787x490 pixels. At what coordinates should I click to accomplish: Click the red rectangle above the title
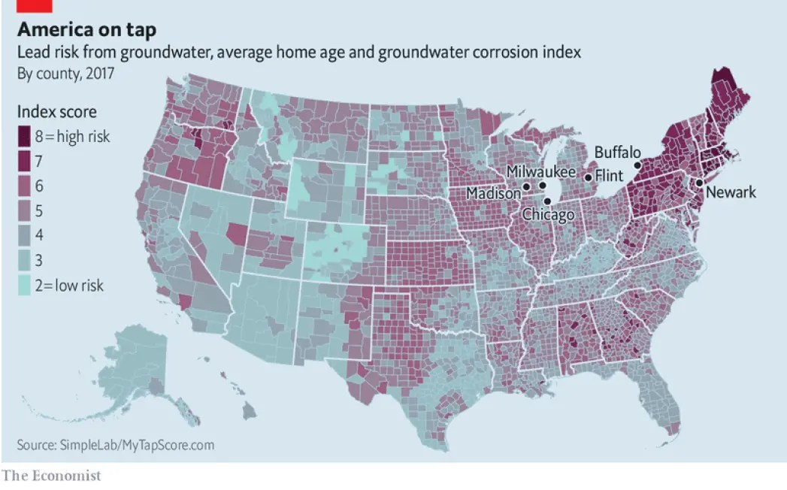tap(34, 5)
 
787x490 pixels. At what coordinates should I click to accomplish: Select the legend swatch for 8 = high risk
tap(25, 136)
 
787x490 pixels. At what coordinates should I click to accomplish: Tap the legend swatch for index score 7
tap(25, 161)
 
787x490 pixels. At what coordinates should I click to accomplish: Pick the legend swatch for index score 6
tap(25, 186)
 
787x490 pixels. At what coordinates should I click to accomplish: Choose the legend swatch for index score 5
tap(25, 210)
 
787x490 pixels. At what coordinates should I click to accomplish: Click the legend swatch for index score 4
tap(25, 235)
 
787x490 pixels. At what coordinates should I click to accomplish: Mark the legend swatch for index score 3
tap(25, 260)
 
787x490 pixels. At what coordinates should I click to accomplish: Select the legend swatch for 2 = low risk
tap(25, 285)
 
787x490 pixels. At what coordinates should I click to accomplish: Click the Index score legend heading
tap(57, 112)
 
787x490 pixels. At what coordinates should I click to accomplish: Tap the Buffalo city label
tap(617, 153)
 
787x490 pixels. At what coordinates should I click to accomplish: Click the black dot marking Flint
tap(588, 177)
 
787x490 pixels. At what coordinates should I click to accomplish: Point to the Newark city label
tap(730, 193)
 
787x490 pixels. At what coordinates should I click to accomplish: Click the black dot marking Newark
tap(698, 183)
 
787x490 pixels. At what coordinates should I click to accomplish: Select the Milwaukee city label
tap(540, 171)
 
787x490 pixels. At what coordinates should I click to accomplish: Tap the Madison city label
tap(493, 194)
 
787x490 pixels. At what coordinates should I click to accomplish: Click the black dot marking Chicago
tap(548, 201)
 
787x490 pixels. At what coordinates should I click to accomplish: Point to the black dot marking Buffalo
tap(637, 165)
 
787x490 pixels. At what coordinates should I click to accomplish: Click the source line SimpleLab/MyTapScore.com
tap(116, 445)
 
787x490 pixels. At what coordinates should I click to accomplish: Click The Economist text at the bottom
tap(52, 475)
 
